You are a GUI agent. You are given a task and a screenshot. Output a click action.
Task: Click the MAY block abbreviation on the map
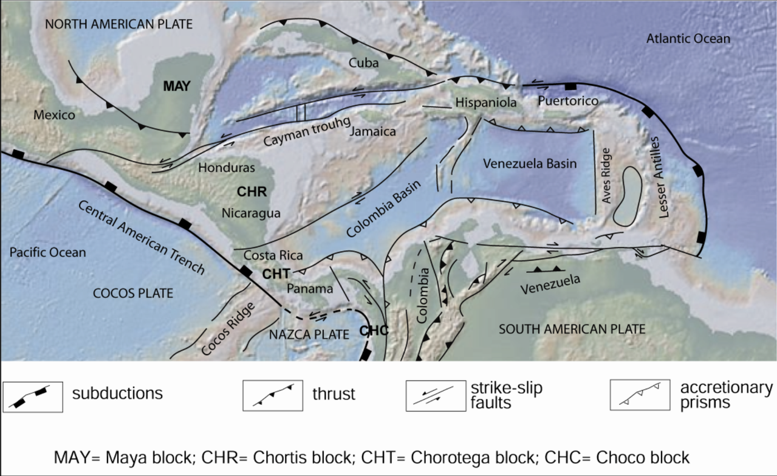[x=177, y=86]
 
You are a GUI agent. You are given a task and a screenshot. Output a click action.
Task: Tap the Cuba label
[x=363, y=63]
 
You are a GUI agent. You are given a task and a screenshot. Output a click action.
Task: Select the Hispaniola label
[x=486, y=102]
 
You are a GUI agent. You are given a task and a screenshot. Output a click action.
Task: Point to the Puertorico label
[x=568, y=101]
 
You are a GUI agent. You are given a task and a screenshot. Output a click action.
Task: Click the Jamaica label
[x=373, y=131]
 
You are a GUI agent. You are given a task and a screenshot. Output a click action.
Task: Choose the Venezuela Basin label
[x=530, y=164]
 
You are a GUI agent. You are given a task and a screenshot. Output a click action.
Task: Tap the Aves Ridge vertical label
[x=606, y=176]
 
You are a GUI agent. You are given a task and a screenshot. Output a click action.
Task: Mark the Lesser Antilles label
[x=660, y=178]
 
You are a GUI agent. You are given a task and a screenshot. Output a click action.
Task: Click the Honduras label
[x=227, y=168]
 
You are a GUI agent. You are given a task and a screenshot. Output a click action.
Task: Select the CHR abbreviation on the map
[x=252, y=191]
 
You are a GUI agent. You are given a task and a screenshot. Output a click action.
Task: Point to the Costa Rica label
[x=273, y=255]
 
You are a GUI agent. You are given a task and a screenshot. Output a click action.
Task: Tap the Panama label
[x=310, y=289]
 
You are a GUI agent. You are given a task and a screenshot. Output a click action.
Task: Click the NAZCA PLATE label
[x=309, y=334]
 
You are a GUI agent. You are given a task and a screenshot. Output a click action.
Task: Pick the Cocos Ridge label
[x=228, y=329]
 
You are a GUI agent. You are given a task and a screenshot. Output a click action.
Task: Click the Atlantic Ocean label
[x=688, y=38]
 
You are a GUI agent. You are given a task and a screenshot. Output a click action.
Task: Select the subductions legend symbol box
[x=33, y=397]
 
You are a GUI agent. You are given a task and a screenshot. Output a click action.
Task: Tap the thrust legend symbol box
[x=273, y=396]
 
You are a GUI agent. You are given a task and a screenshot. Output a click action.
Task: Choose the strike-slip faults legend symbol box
[x=436, y=396]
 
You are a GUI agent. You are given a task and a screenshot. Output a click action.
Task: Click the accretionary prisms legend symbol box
[x=640, y=395]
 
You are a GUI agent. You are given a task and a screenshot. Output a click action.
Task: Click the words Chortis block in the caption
[x=302, y=458]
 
